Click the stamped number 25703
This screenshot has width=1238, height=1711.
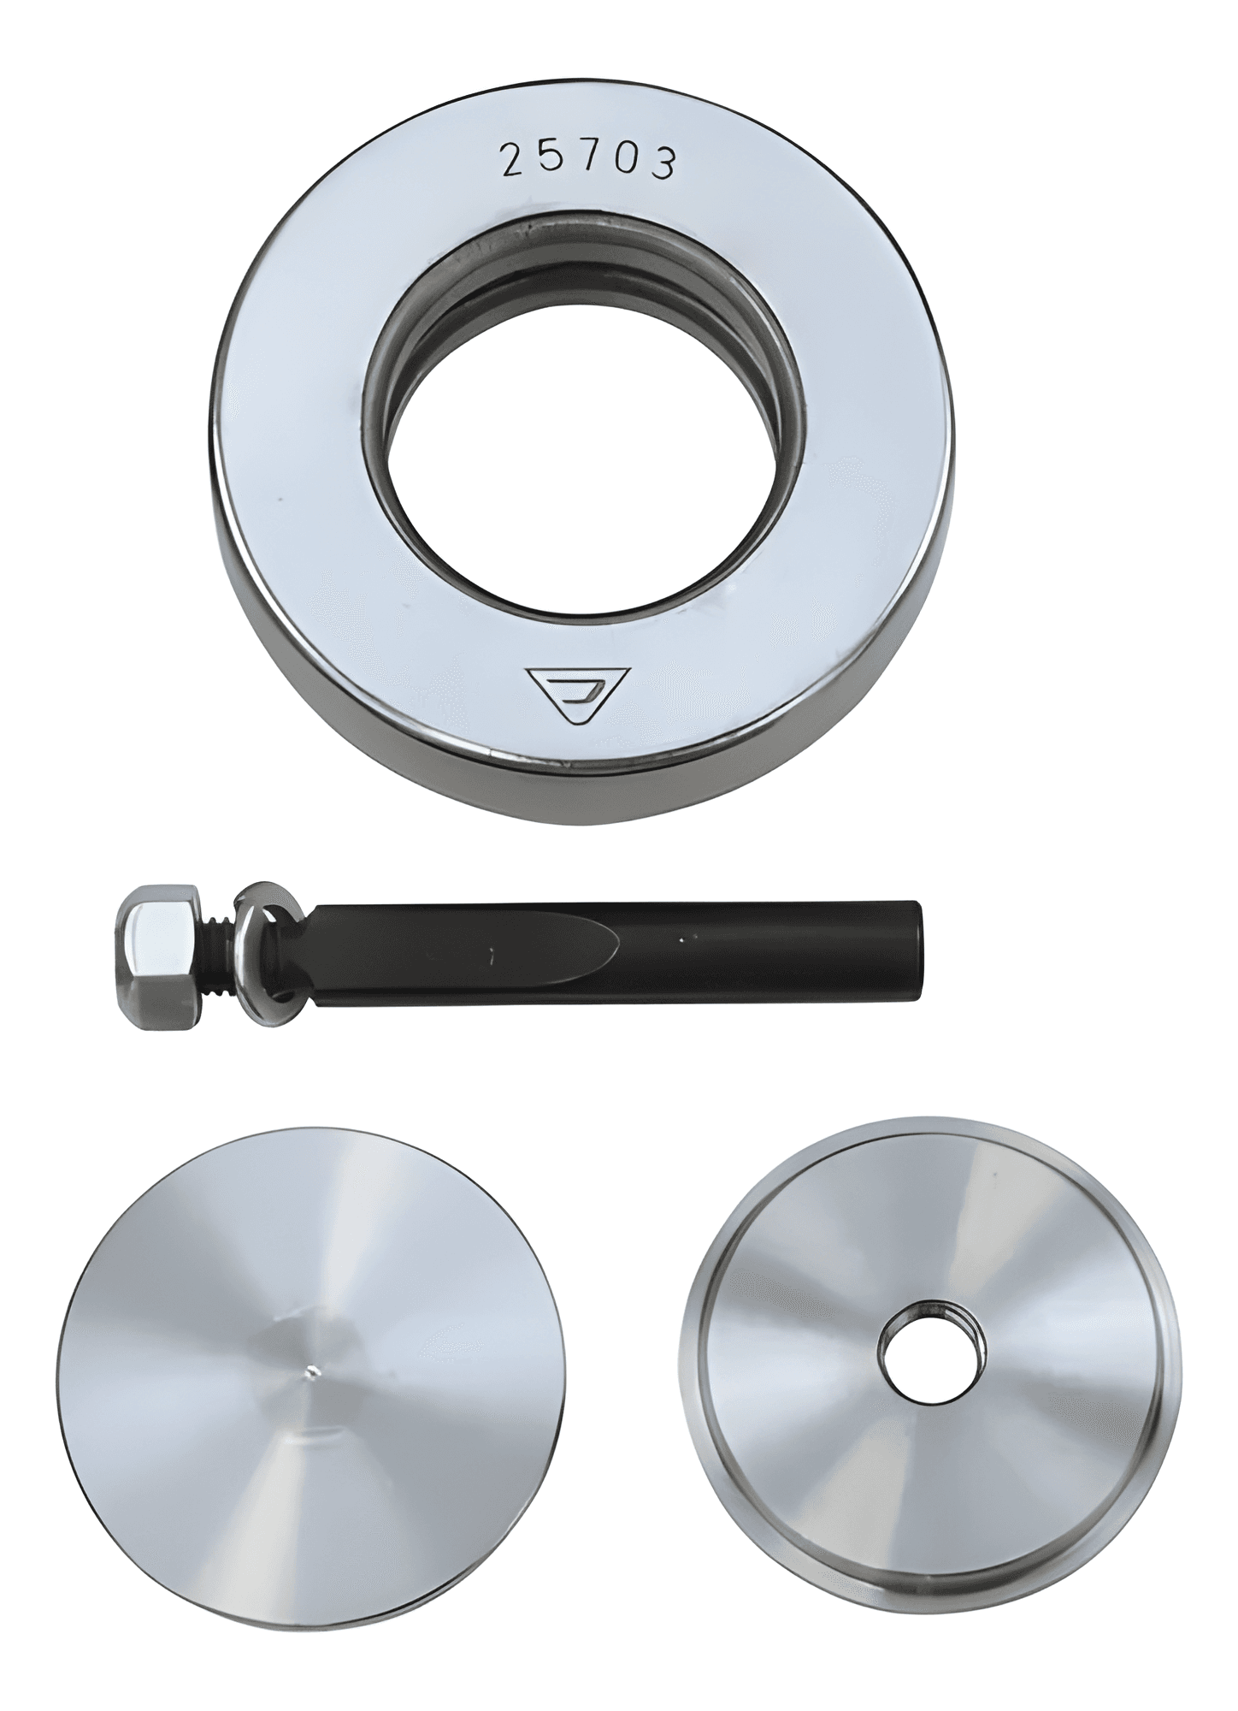tap(589, 161)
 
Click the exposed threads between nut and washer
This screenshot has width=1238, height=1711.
tap(221, 947)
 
